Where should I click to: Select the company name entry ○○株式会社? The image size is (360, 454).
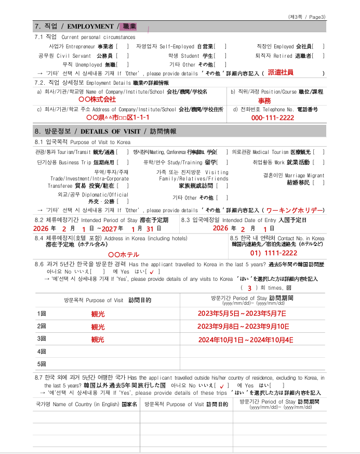(x=97, y=99)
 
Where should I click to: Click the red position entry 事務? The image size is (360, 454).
(x=264, y=100)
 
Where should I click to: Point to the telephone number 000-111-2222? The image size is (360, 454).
(x=273, y=118)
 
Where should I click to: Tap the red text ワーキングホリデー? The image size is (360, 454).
(x=295, y=210)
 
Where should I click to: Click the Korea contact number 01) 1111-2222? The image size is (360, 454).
(x=274, y=253)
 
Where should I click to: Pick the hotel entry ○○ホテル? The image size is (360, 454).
(x=123, y=255)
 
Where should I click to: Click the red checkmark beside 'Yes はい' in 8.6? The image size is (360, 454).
(x=151, y=271)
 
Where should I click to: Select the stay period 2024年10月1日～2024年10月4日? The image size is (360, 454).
(x=245, y=340)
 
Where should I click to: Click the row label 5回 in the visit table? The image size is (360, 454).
(x=42, y=364)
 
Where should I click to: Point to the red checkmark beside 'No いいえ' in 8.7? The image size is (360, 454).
(x=222, y=386)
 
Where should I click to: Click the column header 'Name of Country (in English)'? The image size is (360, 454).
(x=86, y=404)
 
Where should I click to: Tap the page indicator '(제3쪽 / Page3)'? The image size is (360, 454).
(x=308, y=17)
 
